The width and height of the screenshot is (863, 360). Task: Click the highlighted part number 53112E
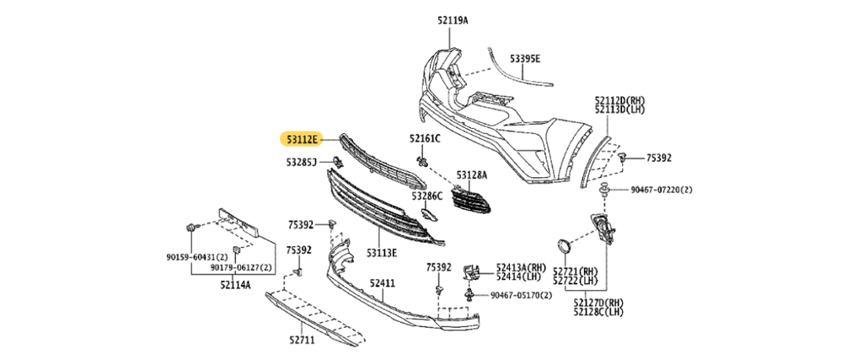[x=302, y=137]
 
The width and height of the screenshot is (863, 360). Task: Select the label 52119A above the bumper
[x=453, y=19]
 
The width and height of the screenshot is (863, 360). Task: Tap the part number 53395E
[x=524, y=59]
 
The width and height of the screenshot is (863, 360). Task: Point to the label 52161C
[x=426, y=137]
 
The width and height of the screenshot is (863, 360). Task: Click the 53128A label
[x=472, y=175]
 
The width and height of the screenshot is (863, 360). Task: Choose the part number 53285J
[x=301, y=161]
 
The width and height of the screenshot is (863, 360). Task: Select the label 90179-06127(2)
[x=241, y=267]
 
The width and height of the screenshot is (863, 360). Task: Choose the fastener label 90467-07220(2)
[x=661, y=191]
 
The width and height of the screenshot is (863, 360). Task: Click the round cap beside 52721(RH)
[x=562, y=246]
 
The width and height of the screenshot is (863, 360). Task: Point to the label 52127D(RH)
[x=598, y=302]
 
